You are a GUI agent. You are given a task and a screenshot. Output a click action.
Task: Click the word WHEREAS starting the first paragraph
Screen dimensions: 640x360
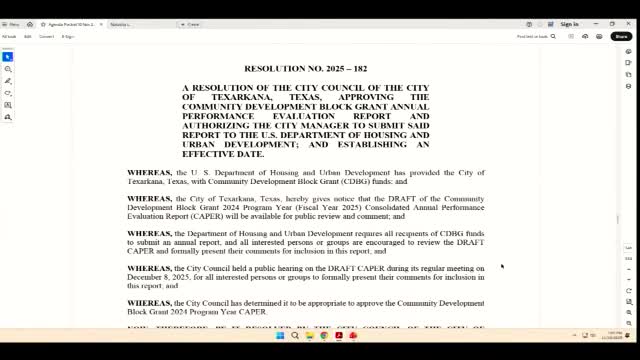[149, 173]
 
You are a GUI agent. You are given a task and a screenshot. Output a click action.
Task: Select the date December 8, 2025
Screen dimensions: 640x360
[159, 277]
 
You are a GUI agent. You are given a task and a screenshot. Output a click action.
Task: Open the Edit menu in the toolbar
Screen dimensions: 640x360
[28, 36]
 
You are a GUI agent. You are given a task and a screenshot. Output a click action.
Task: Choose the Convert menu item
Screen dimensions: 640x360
[46, 36]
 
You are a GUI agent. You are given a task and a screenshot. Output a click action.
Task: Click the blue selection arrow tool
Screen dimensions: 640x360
[8, 56]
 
